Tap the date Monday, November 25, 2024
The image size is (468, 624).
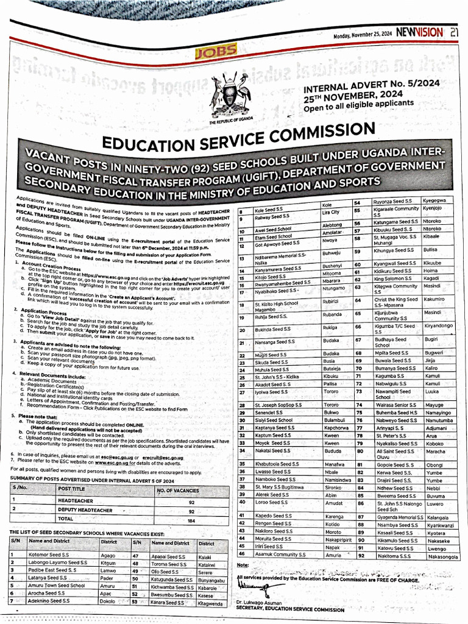click(x=363, y=35)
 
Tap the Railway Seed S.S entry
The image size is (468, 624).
click(x=272, y=216)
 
